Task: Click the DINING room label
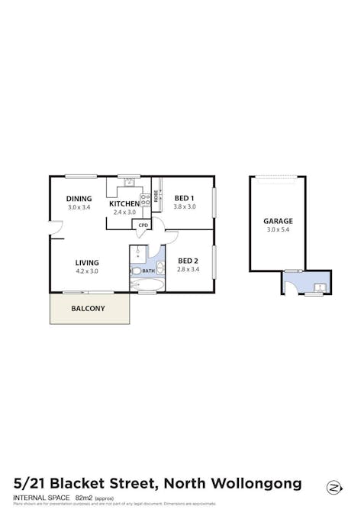coord(79,198)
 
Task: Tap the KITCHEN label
coord(124,203)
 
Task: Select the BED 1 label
coord(185,197)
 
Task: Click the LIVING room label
coord(87,262)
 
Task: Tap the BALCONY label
coord(88,309)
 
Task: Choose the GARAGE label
coord(278,221)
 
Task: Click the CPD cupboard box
coord(143,226)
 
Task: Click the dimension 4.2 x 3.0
coord(87,271)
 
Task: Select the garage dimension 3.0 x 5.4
coord(278,229)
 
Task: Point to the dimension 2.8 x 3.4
coord(187,269)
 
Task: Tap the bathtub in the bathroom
coord(147,286)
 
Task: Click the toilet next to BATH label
coord(136,271)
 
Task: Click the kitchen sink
coord(129,182)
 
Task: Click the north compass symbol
coord(333,487)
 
